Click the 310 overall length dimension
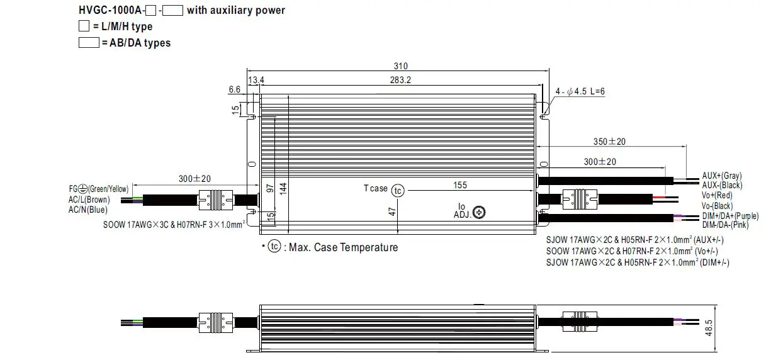401,66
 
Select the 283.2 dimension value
400,80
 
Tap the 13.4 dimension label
256,80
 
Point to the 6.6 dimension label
234,90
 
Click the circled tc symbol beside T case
397,191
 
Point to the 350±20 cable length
610,142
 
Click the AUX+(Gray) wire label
721,176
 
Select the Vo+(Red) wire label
718,196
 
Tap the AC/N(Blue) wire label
87,210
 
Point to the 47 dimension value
392,212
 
